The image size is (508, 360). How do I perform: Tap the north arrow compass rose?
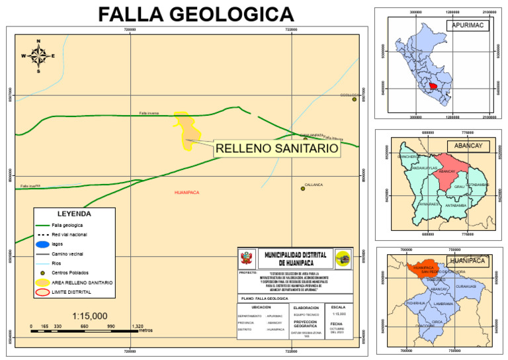[38, 56]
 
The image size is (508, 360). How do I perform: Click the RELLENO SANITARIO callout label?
[277, 150]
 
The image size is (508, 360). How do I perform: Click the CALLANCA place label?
[314, 185]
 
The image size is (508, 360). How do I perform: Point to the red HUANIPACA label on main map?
[187, 193]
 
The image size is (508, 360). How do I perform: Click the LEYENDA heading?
[74, 214]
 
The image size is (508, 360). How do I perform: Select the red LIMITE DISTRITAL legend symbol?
[43, 292]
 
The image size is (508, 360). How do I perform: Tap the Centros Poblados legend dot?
[43, 273]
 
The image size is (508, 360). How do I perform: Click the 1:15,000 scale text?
[90, 316]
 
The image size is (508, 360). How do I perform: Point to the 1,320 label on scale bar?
[138, 326]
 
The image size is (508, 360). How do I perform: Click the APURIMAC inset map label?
[467, 25]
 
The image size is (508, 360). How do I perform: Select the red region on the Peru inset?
[433, 85]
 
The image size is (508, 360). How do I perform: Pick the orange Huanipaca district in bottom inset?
[423, 268]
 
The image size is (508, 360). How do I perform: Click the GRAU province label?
[459, 187]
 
